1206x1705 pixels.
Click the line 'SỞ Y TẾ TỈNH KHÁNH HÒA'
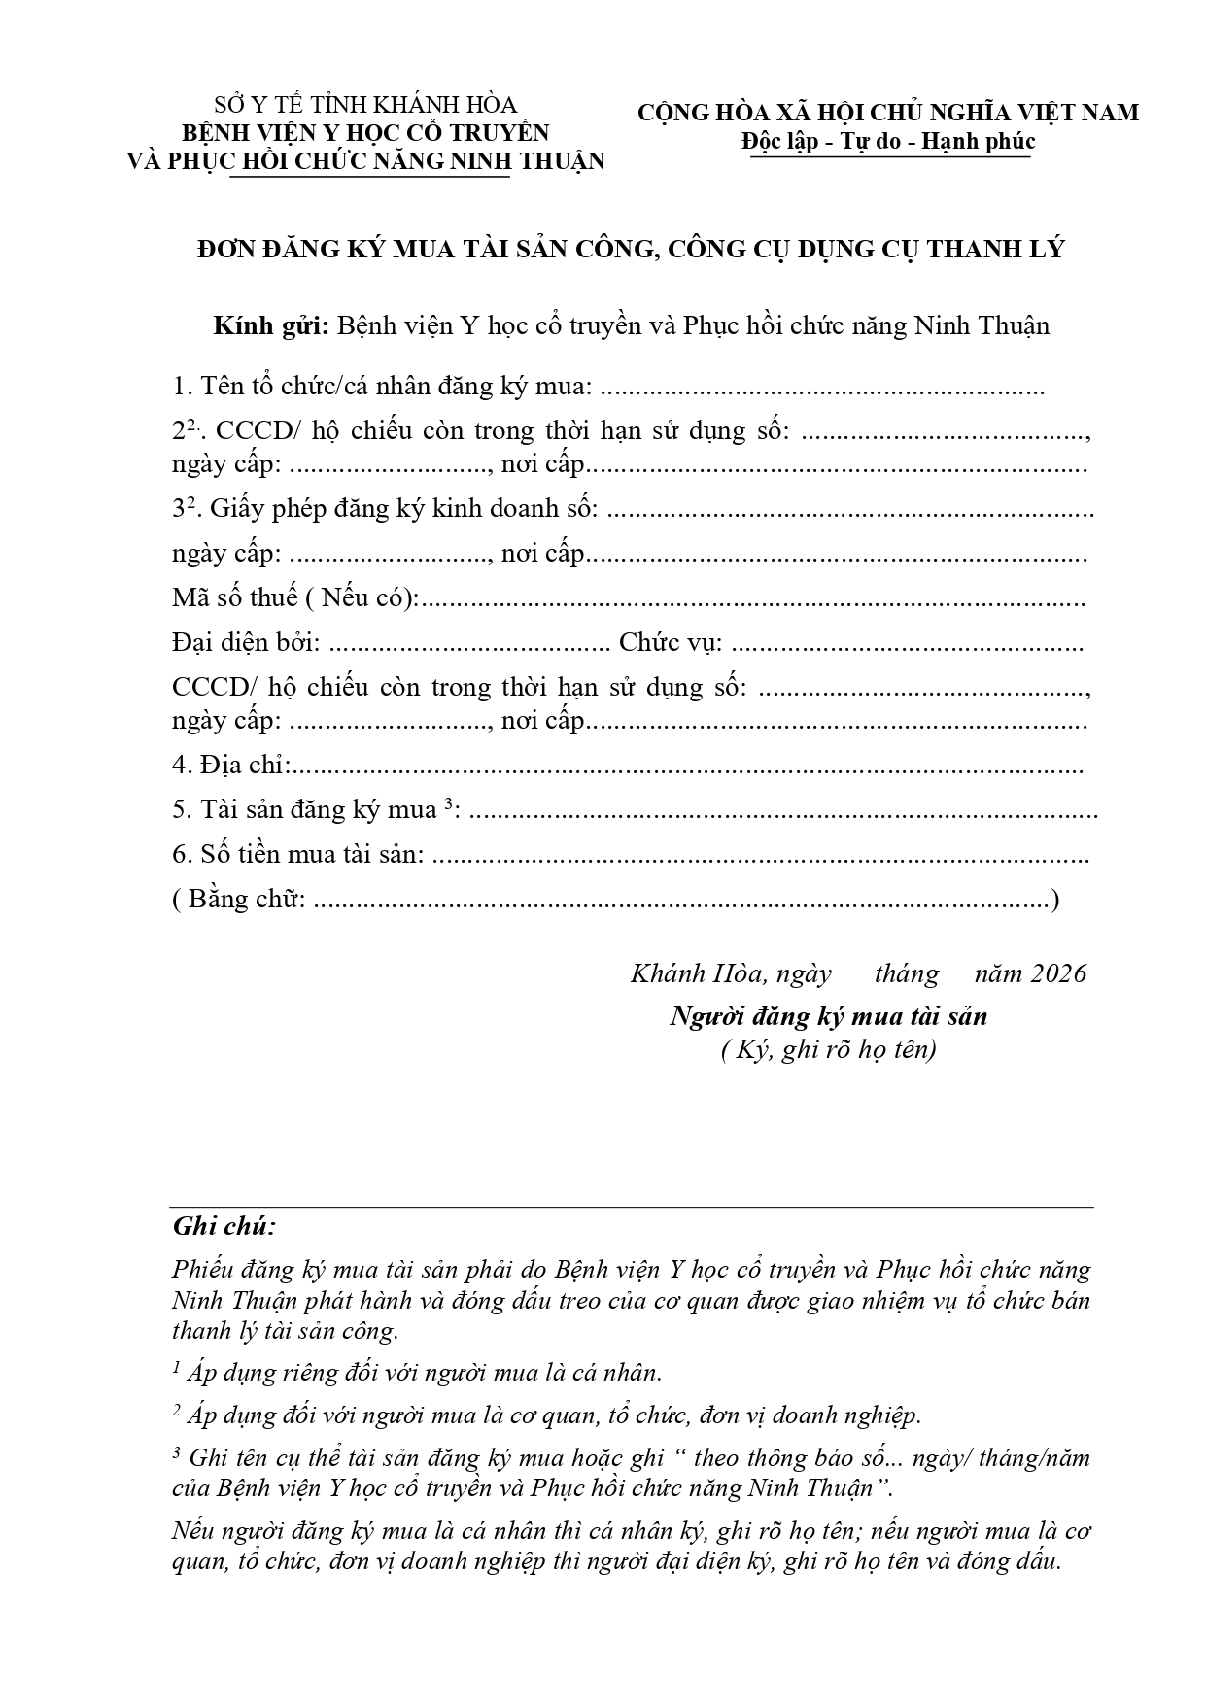click(365, 105)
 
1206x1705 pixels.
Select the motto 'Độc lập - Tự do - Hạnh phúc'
click(888, 142)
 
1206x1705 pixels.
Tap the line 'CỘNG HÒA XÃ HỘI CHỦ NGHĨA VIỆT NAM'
click(888, 113)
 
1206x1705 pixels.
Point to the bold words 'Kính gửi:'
click(271, 325)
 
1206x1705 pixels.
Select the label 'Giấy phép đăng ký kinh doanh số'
click(403, 508)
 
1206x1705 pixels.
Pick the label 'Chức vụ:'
click(671, 642)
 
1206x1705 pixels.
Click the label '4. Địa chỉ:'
click(230, 765)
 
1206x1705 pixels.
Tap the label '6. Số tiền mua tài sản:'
click(298, 854)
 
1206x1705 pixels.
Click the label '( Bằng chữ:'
click(239, 899)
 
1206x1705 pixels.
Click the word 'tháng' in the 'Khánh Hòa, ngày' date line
click(906, 973)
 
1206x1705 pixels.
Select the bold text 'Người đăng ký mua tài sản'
click(828, 1017)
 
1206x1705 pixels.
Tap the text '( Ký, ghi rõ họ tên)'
click(828, 1050)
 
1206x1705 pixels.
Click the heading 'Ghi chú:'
click(224, 1226)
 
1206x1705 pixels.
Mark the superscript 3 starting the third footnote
click(176, 1452)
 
